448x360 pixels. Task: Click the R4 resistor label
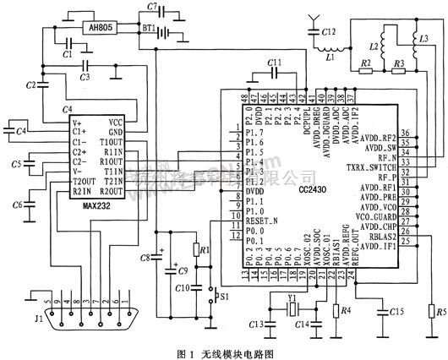click(347, 310)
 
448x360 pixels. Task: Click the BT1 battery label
click(149, 29)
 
